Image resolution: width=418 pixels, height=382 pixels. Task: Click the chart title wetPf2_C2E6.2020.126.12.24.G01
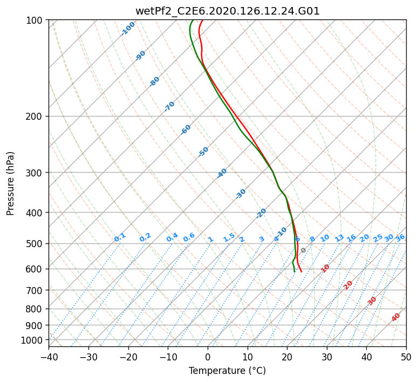pos(227,11)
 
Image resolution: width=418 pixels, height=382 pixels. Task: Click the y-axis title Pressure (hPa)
pos(11,183)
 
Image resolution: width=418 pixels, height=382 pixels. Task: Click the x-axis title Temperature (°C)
pos(227,371)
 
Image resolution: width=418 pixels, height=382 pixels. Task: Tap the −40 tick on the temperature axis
pos(49,357)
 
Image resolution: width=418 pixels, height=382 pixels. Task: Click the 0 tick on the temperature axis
pos(208,357)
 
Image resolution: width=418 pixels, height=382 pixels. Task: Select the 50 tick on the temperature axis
pos(406,357)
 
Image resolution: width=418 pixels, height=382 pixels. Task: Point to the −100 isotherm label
pos(128,29)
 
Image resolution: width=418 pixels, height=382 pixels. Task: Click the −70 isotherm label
pos(169,106)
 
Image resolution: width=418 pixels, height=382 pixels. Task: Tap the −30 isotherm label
pos(241,194)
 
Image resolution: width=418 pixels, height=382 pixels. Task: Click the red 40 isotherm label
pos(396,317)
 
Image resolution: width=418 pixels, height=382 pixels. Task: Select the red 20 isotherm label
pos(348,285)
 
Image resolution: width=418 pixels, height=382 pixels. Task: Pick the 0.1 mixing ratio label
pos(120,237)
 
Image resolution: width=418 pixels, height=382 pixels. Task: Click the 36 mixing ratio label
pos(400,237)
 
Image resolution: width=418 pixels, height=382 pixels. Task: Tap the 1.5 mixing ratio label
pos(229,237)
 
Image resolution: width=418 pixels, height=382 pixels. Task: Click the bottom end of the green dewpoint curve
pos(294,271)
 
